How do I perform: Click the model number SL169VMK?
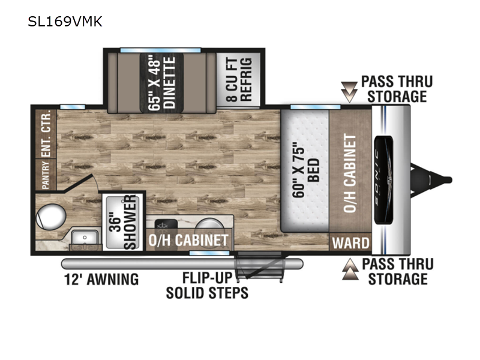pos(65,22)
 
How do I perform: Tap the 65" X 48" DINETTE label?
pos(161,83)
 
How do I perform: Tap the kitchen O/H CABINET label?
pos(189,241)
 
